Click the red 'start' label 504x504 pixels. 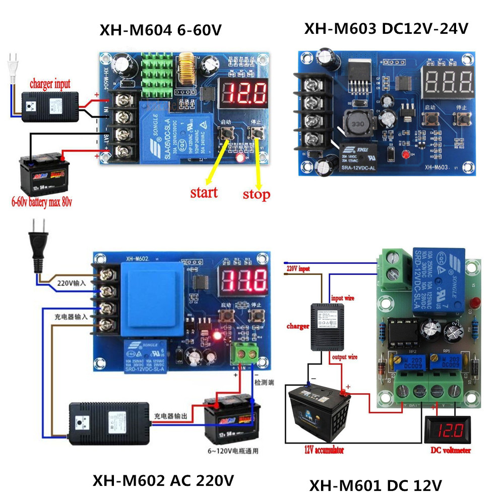click(x=204, y=192)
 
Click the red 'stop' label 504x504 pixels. click(x=256, y=194)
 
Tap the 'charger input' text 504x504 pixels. click(x=49, y=84)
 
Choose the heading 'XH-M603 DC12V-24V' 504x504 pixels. click(x=386, y=29)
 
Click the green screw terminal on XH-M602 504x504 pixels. click(x=244, y=353)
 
